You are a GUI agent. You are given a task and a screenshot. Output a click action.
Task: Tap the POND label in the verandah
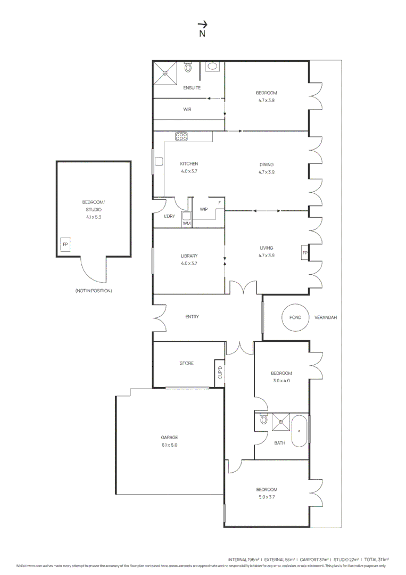[x=295, y=317]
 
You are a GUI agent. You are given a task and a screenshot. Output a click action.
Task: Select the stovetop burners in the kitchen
[x=181, y=137]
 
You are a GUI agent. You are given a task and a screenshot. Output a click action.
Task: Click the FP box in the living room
[x=305, y=252]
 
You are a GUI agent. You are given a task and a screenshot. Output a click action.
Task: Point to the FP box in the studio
[x=65, y=244]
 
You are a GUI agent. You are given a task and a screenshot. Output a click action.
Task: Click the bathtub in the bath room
[x=300, y=431]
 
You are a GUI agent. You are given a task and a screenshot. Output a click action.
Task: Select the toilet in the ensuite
[x=188, y=68]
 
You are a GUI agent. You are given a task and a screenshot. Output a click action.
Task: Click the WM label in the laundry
[x=186, y=224]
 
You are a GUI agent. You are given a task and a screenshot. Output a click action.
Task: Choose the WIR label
[x=187, y=109]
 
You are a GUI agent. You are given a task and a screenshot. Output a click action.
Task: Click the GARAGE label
[x=169, y=437]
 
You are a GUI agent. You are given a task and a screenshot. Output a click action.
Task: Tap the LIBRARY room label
[x=189, y=256]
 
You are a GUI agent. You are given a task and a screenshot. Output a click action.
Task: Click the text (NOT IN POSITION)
[x=94, y=291]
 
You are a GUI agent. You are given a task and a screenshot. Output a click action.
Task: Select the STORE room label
[x=186, y=363]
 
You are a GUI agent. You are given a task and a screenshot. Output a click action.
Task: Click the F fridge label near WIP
[x=219, y=203]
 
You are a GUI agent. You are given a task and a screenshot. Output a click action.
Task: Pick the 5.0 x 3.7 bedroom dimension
[x=267, y=497]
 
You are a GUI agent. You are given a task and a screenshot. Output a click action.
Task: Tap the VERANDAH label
[x=326, y=317]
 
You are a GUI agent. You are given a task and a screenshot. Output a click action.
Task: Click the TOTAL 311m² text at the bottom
[x=376, y=560]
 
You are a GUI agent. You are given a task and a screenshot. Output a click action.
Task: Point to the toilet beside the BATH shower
[x=264, y=420]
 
